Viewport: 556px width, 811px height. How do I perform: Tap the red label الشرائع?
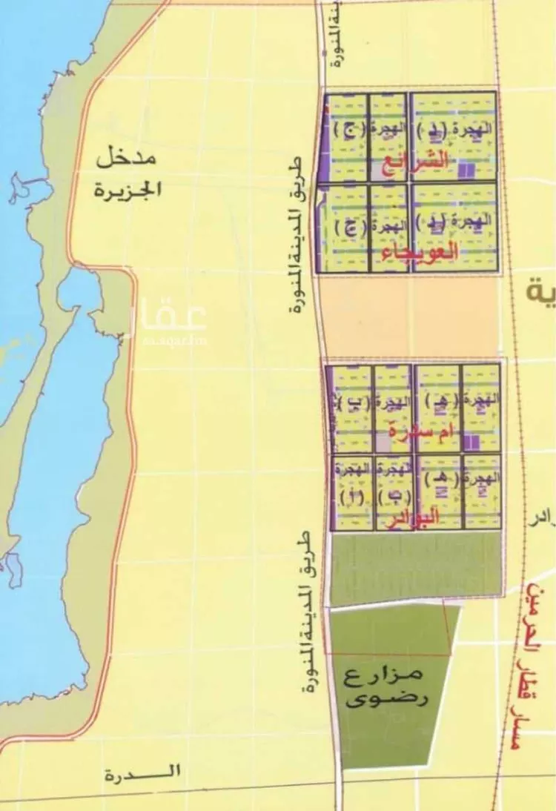pos(418,162)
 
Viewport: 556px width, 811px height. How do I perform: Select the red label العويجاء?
pos(419,254)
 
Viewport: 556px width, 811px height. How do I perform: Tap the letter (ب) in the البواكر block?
pos(393,497)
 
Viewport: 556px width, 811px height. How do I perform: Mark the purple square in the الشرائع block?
pos(466,171)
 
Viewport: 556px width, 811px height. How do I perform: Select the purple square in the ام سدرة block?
pos(470,443)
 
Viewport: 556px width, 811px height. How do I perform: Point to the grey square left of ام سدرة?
pos(383,443)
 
